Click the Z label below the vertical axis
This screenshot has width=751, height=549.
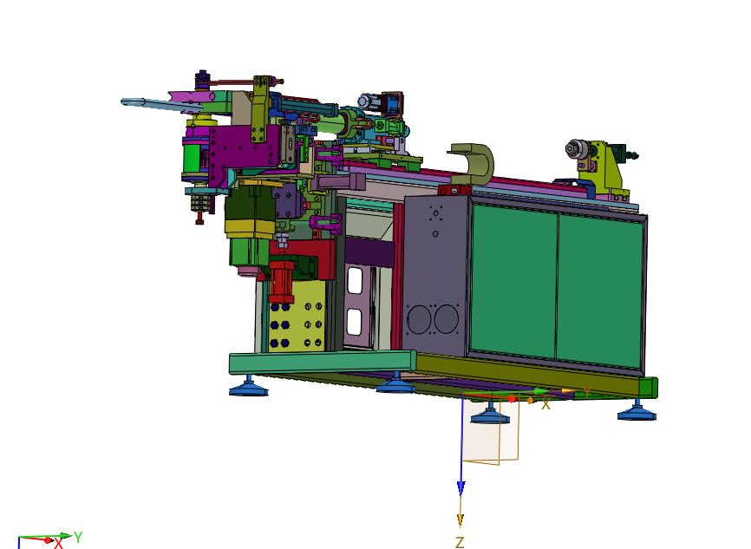tap(460, 542)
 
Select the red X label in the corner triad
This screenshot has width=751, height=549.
tap(58, 543)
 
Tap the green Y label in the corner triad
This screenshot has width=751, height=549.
tap(78, 537)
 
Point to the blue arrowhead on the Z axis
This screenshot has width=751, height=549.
tap(460, 487)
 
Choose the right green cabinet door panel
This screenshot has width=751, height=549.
tap(600, 291)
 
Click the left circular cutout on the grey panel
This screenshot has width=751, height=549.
tap(419, 320)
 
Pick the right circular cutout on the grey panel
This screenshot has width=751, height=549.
tap(446, 319)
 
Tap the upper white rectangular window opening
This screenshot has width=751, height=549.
tap(355, 280)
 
